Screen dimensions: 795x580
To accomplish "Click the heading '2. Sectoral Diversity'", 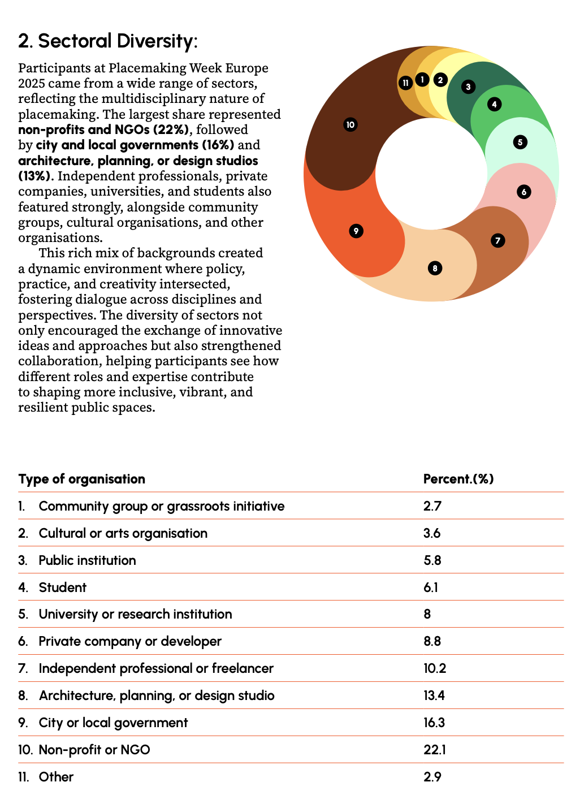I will [x=107, y=41].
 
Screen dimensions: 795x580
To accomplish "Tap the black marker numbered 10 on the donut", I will [x=350, y=124].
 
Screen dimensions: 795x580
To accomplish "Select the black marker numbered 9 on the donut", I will [x=356, y=231].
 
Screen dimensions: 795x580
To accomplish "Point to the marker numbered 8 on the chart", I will [x=435, y=268].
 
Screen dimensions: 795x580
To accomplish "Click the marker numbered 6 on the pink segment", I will [x=524, y=192].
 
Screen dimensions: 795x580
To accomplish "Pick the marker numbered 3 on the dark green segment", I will [x=468, y=87].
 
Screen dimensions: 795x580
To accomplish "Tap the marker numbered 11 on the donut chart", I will [x=405, y=83].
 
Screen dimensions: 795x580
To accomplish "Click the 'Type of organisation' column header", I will [x=81, y=479].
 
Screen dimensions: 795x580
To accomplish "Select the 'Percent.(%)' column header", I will [x=458, y=479].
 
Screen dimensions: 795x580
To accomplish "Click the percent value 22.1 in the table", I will [x=434, y=750].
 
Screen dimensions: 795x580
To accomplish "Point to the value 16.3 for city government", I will [x=434, y=723].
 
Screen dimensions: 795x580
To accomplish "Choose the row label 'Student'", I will [x=62, y=587].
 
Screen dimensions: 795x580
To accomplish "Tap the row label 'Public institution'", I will [x=87, y=560].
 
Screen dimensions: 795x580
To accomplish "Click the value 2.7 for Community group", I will [x=432, y=506].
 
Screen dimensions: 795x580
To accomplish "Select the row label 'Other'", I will [x=56, y=777].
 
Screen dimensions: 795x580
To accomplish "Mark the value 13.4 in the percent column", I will [x=434, y=695].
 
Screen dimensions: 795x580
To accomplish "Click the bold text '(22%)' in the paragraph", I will [x=171, y=129].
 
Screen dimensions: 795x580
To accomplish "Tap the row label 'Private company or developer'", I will [x=130, y=641].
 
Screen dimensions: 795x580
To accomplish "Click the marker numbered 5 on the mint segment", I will [x=520, y=142].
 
